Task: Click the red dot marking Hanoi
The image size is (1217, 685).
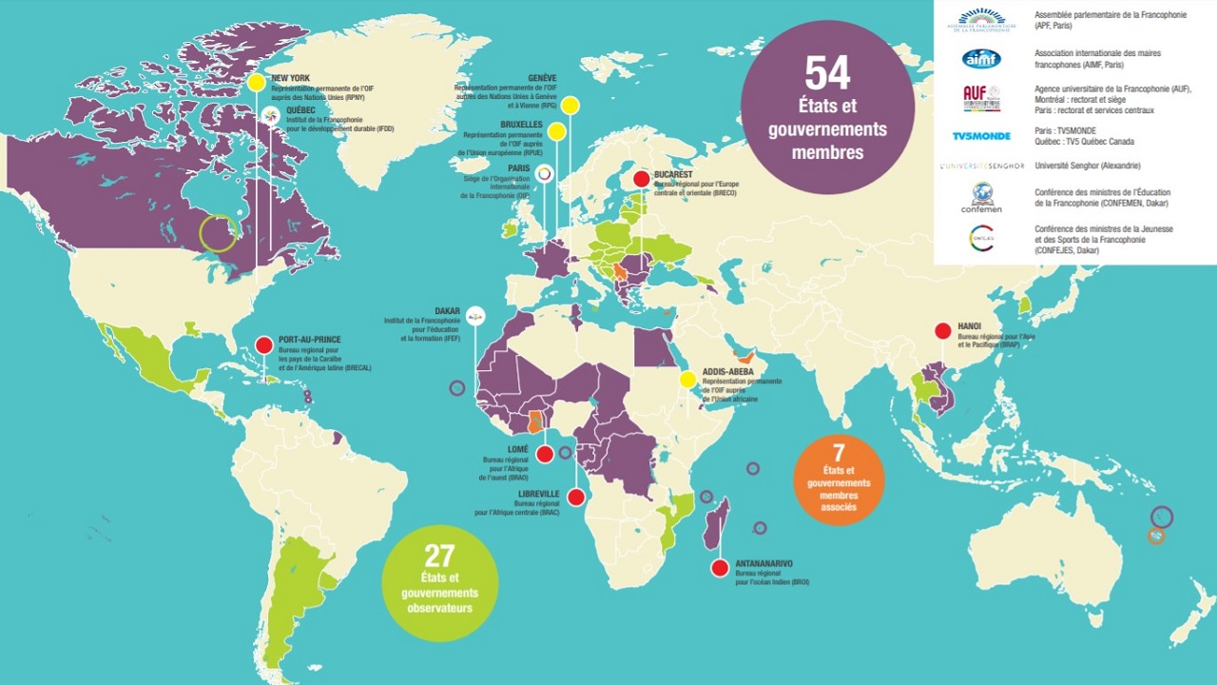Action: (942, 331)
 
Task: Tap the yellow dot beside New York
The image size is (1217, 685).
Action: (256, 83)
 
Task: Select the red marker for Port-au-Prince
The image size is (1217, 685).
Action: (263, 345)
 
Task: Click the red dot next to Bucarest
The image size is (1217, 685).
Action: (642, 178)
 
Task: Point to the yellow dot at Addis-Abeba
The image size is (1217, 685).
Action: (686, 379)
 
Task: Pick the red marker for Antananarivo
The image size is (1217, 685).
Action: (720, 568)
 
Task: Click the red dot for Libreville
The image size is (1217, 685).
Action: (575, 497)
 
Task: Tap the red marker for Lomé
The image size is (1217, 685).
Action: (545, 455)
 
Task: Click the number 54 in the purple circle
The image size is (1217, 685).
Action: (827, 74)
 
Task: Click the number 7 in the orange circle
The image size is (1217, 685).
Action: (839, 451)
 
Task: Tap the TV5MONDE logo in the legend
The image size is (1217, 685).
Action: (981, 136)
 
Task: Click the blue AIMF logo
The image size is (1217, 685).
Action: (981, 59)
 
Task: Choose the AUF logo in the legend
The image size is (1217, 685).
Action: (981, 97)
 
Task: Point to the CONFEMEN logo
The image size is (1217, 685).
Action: (981, 197)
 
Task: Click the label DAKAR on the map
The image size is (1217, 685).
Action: (447, 310)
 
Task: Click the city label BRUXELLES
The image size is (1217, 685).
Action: (519, 125)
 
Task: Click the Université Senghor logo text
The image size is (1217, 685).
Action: (981, 166)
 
